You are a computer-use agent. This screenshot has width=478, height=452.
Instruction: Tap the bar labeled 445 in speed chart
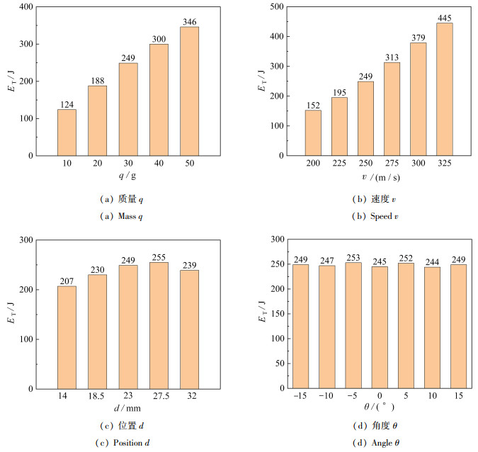point(444,89)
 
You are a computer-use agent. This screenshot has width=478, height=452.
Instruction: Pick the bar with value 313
point(392,108)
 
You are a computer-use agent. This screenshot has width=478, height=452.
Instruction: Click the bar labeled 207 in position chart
point(67,337)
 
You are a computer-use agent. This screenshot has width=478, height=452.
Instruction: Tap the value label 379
point(418,38)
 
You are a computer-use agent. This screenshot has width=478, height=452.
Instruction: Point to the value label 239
point(189,265)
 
